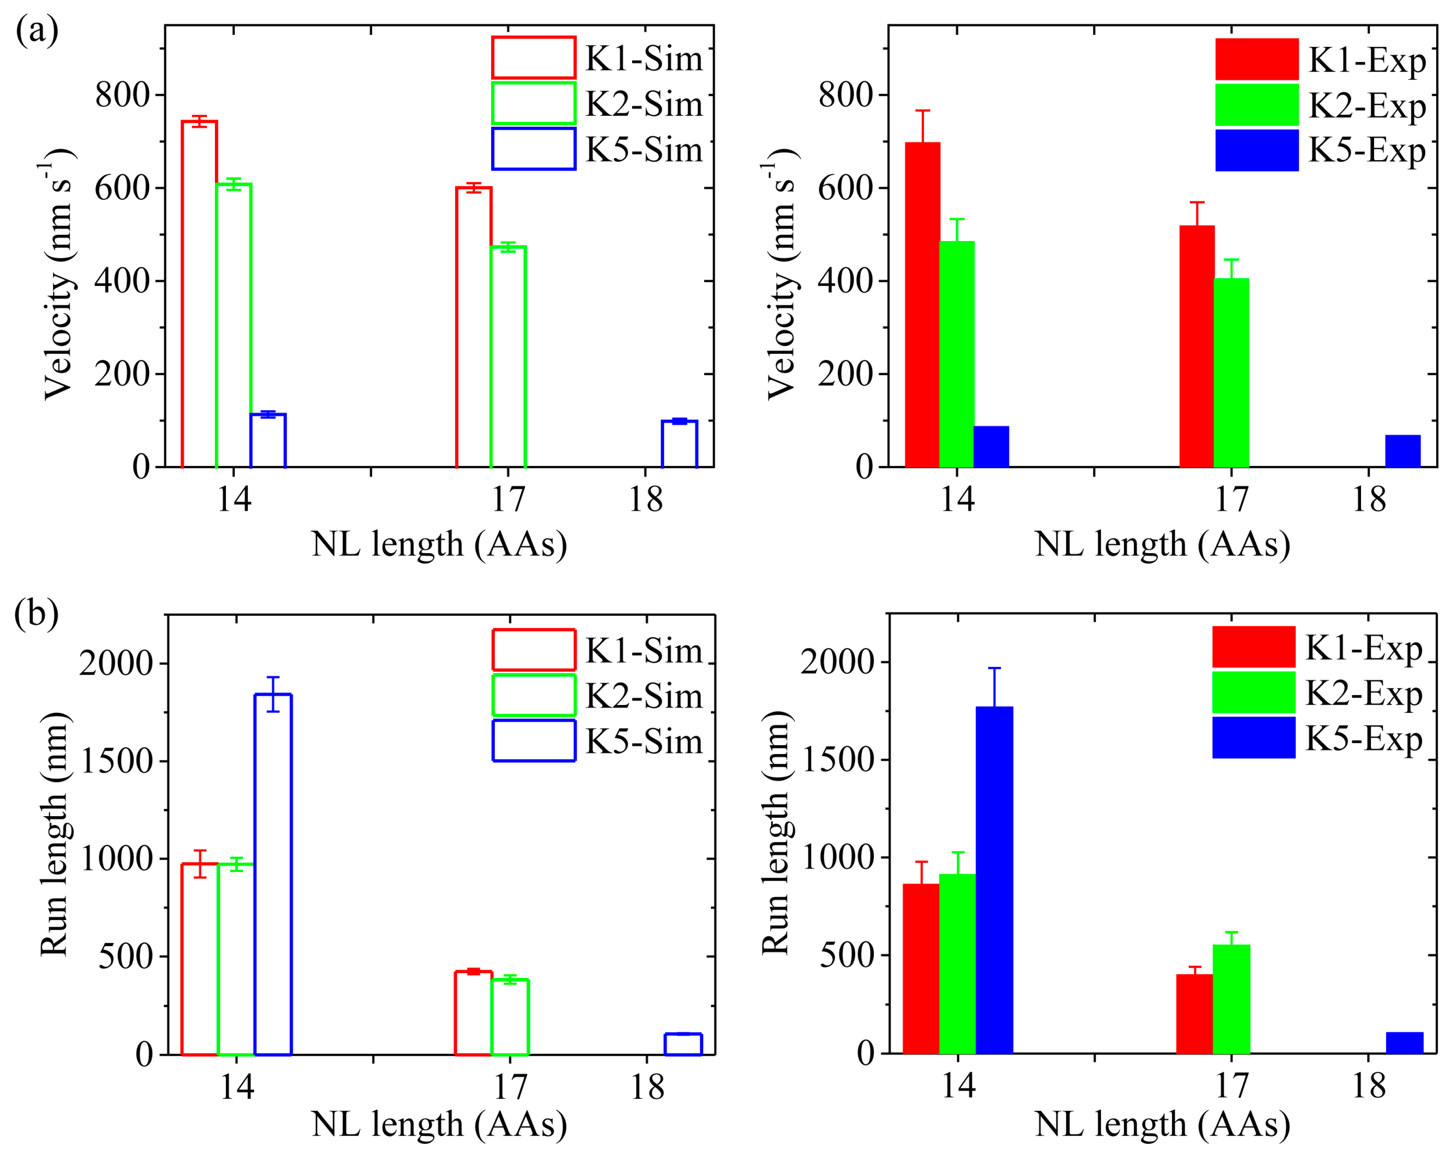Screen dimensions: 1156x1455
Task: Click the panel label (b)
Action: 36,614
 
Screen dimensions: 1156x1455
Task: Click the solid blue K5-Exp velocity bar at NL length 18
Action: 1403,451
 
